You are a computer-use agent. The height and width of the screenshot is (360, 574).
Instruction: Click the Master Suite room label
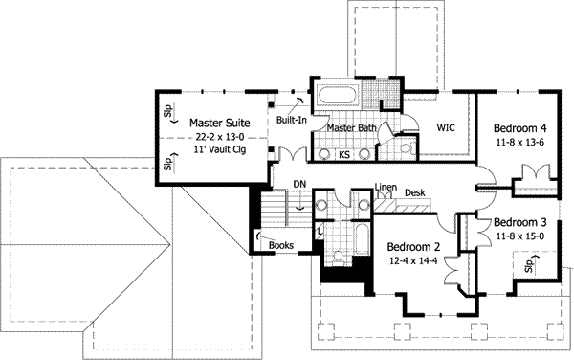pyautogui.click(x=219, y=123)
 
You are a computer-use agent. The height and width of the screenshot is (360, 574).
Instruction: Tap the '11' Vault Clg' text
pyautogui.click(x=219, y=151)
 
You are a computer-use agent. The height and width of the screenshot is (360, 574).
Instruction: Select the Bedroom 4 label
pyautogui.click(x=520, y=127)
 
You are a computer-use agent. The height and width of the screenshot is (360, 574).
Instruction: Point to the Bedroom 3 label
pyautogui.click(x=520, y=222)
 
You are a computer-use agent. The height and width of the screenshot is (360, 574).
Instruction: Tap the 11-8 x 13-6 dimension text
pyautogui.click(x=520, y=142)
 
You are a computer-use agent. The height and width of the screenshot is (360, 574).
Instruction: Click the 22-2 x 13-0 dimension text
pyautogui.click(x=219, y=137)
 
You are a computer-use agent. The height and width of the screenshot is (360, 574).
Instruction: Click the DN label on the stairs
pyautogui.click(x=299, y=185)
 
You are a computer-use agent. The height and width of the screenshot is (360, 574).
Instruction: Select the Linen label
pyautogui.click(x=386, y=188)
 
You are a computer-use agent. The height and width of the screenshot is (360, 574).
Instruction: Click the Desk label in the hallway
pyautogui.click(x=414, y=192)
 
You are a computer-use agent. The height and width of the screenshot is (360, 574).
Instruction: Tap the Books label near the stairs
pyautogui.click(x=280, y=245)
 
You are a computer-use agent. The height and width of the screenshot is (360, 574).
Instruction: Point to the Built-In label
pyautogui.click(x=292, y=121)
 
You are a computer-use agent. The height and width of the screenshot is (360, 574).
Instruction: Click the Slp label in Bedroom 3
pyautogui.click(x=527, y=265)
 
